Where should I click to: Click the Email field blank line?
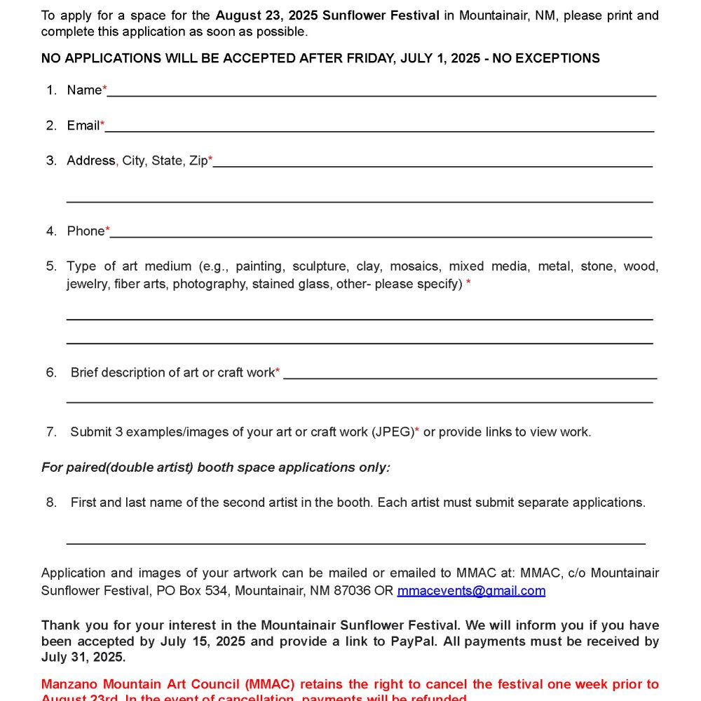[x=379, y=130]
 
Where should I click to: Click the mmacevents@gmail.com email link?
[x=471, y=590]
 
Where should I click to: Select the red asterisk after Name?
[x=105, y=89]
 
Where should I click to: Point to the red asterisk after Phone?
[x=107, y=230]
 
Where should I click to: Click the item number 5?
[x=51, y=266]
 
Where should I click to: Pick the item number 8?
[x=51, y=503]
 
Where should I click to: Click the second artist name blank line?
[x=355, y=543]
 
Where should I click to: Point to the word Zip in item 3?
[x=198, y=161]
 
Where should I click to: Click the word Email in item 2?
[x=83, y=125]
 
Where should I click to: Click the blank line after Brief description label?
[x=470, y=377]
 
